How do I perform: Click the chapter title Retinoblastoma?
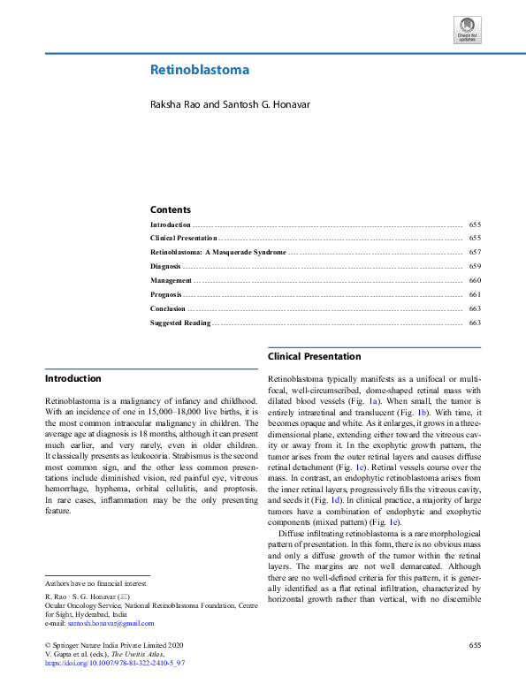click(x=199, y=70)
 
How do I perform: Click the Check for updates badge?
click(x=468, y=30)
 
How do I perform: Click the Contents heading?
click(x=170, y=209)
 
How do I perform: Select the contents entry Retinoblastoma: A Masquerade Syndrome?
click(x=217, y=253)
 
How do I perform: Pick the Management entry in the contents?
click(x=171, y=280)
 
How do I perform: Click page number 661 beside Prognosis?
click(x=475, y=294)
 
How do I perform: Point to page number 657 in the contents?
click(x=475, y=253)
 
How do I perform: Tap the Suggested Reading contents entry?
click(x=180, y=323)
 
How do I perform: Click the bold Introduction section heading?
click(x=72, y=378)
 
